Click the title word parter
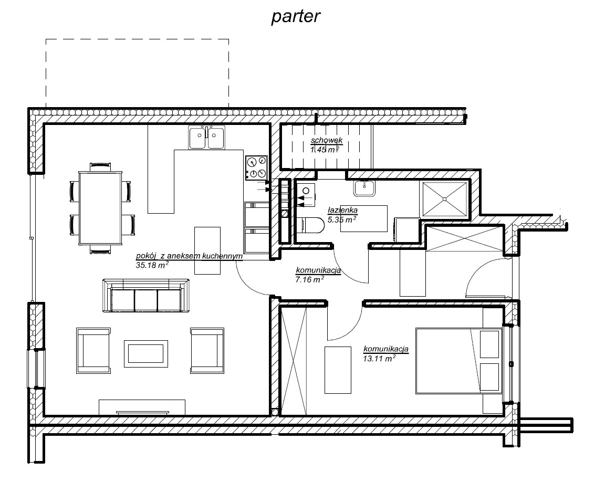(x=296, y=17)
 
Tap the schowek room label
(x=327, y=140)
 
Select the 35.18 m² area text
(x=152, y=265)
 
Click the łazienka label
(x=342, y=211)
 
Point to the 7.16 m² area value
(x=309, y=279)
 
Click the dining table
(x=100, y=208)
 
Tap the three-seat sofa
(x=146, y=296)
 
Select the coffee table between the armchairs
(x=146, y=354)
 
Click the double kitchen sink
(x=207, y=137)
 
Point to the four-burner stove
(x=257, y=167)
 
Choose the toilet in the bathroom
(x=311, y=226)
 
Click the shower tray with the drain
(x=445, y=198)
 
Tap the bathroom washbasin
(x=364, y=188)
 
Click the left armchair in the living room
(x=93, y=351)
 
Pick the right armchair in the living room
(x=207, y=351)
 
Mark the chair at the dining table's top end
(x=100, y=166)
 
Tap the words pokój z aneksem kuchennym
(x=189, y=256)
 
